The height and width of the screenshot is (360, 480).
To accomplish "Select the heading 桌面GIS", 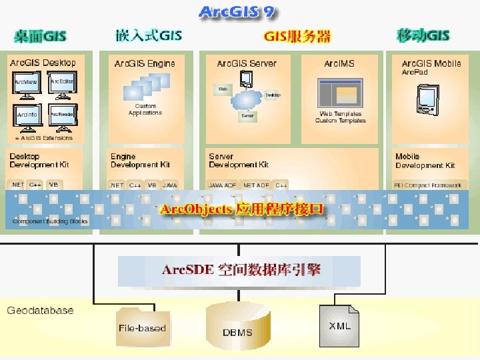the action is point(41,35).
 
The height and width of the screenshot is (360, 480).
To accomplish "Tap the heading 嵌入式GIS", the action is point(148,35).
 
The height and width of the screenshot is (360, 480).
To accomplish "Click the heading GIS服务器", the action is point(297,36).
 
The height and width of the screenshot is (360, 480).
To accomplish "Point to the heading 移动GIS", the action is point(423,35).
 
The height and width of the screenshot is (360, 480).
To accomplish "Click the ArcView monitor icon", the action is point(27,86).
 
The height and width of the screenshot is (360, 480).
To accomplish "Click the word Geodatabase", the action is point(40,311).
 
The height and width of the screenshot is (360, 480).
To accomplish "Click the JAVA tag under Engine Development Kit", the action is point(170,185).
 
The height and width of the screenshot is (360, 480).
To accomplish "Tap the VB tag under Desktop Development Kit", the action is point(54,185).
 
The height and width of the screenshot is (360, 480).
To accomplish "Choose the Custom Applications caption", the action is point(145,109).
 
